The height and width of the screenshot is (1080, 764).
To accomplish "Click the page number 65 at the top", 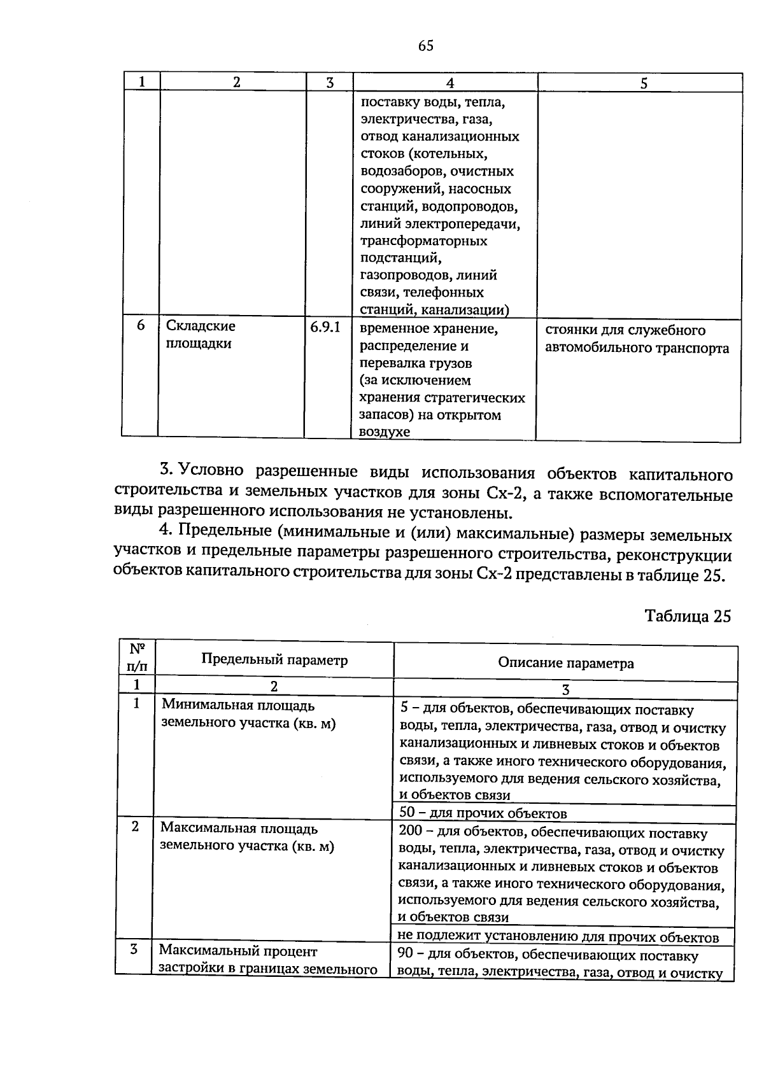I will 426,45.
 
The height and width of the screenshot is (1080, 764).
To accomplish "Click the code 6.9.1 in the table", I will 325,327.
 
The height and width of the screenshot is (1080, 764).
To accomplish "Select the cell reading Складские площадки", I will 201,335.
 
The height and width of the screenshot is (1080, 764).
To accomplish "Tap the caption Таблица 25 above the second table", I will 688,616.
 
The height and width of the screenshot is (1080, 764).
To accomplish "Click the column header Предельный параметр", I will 274,659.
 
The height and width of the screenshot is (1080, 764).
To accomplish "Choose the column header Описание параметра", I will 565,663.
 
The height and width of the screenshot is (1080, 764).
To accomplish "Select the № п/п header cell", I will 137,658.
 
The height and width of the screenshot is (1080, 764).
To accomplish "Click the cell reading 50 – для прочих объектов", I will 483,813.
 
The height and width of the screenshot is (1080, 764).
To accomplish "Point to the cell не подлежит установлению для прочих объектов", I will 558,937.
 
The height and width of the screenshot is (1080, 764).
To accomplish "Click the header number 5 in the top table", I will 644,83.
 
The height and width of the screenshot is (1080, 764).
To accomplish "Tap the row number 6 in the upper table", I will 141,326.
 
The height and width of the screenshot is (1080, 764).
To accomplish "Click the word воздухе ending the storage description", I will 385,432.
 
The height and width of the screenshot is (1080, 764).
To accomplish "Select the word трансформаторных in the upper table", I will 423,241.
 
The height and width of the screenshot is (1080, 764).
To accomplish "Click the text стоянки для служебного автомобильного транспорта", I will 637,339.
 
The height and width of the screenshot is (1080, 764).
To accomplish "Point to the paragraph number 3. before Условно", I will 167,470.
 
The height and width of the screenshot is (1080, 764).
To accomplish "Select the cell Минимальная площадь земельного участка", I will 248,714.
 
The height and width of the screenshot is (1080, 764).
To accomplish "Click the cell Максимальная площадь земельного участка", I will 247,838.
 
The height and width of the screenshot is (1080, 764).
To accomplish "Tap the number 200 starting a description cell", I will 411,832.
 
